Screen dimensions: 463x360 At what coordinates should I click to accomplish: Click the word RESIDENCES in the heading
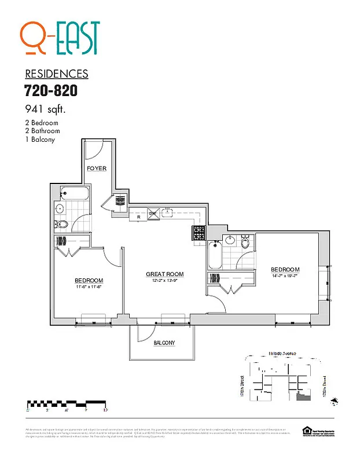click(x=57, y=74)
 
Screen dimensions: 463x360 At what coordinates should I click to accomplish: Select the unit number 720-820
click(x=51, y=91)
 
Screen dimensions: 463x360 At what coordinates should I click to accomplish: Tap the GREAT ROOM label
click(x=164, y=274)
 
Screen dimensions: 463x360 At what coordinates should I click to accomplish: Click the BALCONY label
click(x=164, y=343)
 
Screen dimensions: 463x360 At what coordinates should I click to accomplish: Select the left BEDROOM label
click(x=89, y=280)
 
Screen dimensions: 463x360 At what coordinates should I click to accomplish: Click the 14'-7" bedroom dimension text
click(x=285, y=277)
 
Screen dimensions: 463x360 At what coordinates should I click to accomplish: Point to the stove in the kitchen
click(x=199, y=233)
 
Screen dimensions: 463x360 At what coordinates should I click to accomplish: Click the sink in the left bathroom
click(x=60, y=208)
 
